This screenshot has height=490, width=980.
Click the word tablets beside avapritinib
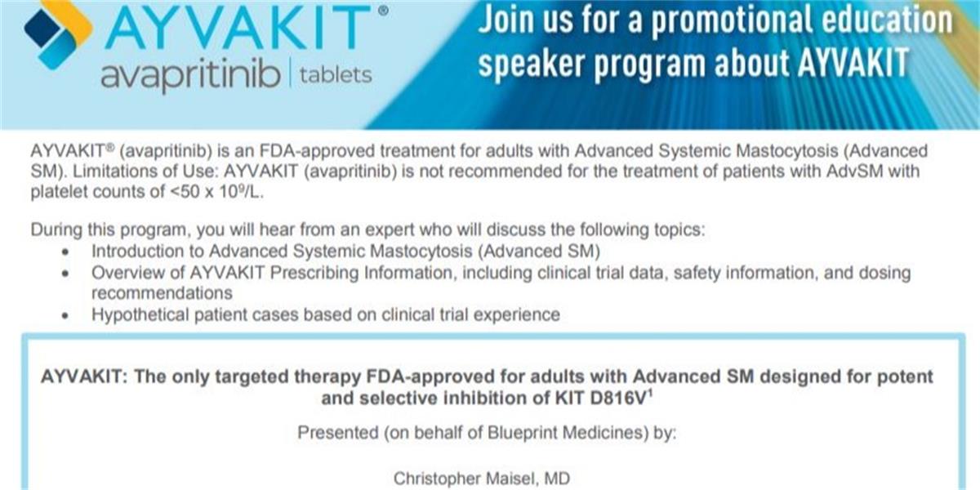(336, 75)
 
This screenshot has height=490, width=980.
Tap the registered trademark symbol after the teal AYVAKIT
(383, 11)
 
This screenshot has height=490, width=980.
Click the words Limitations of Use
(145, 171)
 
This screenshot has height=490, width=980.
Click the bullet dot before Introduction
(65, 252)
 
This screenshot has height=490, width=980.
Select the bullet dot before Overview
(65, 274)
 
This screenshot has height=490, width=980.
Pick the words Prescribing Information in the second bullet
(361, 274)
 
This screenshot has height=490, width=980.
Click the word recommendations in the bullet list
(162, 293)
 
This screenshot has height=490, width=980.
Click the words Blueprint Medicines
(568, 433)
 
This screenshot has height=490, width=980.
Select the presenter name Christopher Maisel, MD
(482, 479)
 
